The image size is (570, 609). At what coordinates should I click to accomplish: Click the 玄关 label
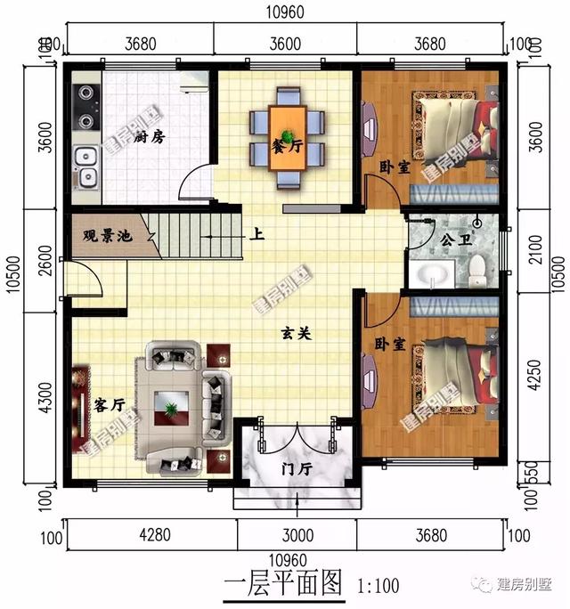[295, 332]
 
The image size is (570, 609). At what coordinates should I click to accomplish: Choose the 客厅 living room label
[108, 405]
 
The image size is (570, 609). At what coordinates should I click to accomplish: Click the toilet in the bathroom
[477, 268]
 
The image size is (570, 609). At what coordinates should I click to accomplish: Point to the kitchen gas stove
[85, 106]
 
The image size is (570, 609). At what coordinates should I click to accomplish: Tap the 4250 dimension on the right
[533, 377]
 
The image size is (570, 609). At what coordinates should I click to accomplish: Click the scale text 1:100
[378, 588]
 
